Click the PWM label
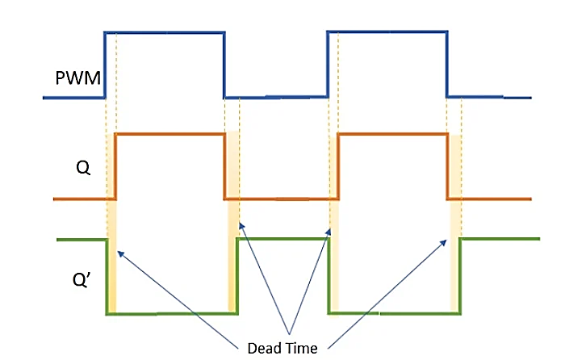[x=77, y=78]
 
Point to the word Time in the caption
[x=302, y=349]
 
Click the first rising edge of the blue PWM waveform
[x=105, y=65]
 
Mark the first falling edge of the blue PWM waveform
[x=224, y=65]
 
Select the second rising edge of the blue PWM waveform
[x=327, y=65]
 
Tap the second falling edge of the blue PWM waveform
[x=446, y=65]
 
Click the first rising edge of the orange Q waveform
[x=116, y=165]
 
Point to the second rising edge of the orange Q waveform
[x=338, y=165]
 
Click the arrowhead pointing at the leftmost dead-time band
[x=119, y=252]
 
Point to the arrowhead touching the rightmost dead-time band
[x=446, y=240]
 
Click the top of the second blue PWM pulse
[x=387, y=31]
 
